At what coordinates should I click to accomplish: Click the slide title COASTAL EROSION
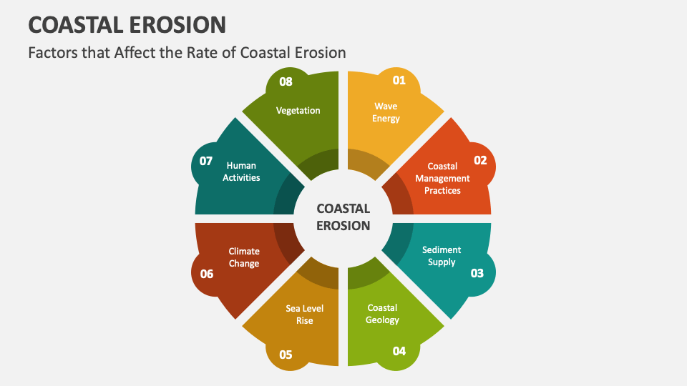[127, 25]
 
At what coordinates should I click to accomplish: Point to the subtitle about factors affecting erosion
[187, 52]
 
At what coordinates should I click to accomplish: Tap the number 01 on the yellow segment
[399, 80]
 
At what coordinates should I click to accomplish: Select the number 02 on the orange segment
[481, 160]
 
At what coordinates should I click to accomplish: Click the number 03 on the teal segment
[477, 273]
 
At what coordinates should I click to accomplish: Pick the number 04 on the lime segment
[399, 351]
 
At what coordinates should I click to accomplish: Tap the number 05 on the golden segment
[286, 355]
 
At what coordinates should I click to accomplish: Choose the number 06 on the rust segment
[207, 274]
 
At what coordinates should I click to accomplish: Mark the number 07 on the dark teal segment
[206, 161]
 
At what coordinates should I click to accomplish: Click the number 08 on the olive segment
[286, 81]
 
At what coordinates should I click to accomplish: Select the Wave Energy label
[386, 112]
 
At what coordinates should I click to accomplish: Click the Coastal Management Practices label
[442, 179]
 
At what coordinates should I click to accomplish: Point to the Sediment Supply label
[442, 256]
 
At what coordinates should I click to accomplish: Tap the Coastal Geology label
[382, 314]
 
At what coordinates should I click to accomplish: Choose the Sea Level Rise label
[305, 315]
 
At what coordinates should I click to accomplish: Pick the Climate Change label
[244, 257]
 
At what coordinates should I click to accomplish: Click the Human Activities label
[241, 172]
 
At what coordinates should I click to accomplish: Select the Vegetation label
[298, 111]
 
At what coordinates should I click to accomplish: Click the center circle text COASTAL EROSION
[343, 217]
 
